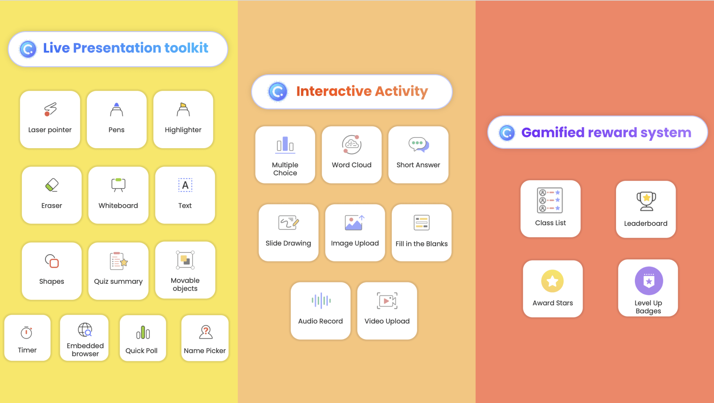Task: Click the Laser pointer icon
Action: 50,109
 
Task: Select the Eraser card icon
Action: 52,185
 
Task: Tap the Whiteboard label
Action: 118,206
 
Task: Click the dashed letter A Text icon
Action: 185,185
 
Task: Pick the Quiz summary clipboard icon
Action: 119,261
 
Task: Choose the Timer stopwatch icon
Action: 26,333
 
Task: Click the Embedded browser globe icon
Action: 85,329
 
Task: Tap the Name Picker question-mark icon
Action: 206,332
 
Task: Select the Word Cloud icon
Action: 352,144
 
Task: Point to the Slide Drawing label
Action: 288,243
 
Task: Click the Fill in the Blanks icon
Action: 421,223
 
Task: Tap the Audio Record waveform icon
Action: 321,301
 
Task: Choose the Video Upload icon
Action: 387,301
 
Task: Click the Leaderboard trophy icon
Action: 646,201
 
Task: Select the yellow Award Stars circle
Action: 552,281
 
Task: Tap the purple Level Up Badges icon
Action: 648,281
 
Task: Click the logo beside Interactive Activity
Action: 278,92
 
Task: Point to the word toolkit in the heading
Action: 186,48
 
